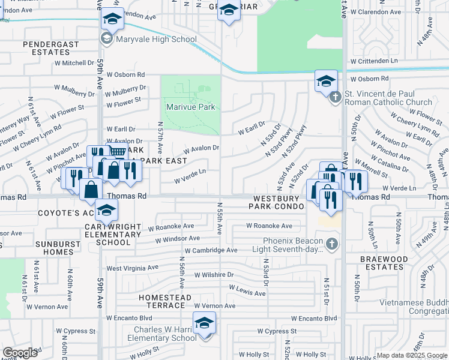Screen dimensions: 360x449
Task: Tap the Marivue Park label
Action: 190,108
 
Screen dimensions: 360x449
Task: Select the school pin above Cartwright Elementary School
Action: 107,211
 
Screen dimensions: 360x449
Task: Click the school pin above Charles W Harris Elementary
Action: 204,323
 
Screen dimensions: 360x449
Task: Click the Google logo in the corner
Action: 20,353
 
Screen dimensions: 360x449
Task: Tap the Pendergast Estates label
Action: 47,49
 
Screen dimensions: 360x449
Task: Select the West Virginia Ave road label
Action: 132,268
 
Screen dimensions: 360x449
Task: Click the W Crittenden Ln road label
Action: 375,61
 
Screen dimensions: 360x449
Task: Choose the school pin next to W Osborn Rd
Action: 326,80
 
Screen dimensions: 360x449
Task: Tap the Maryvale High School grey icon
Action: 107,40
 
